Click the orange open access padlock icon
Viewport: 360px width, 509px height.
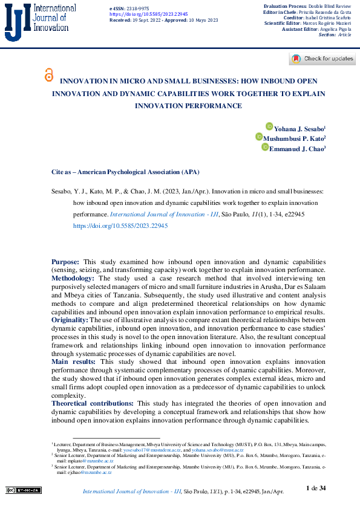click(x=49, y=75)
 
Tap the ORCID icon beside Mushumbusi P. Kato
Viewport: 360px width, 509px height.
click(x=260, y=138)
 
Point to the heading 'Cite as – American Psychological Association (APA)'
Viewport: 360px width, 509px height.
click(x=125, y=172)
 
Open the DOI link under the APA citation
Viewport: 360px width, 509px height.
click(x=120, y=225)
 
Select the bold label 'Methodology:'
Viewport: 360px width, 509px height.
click(x=73, y=277)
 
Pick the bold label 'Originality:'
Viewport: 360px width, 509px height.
click(x=70, y=319)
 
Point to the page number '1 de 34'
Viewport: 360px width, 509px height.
click(x=316, y=488)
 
